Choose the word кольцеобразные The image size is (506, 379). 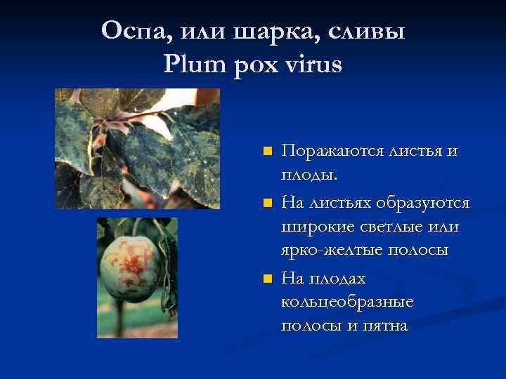pos(347,302)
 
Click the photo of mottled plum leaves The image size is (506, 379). pos(138,149)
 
